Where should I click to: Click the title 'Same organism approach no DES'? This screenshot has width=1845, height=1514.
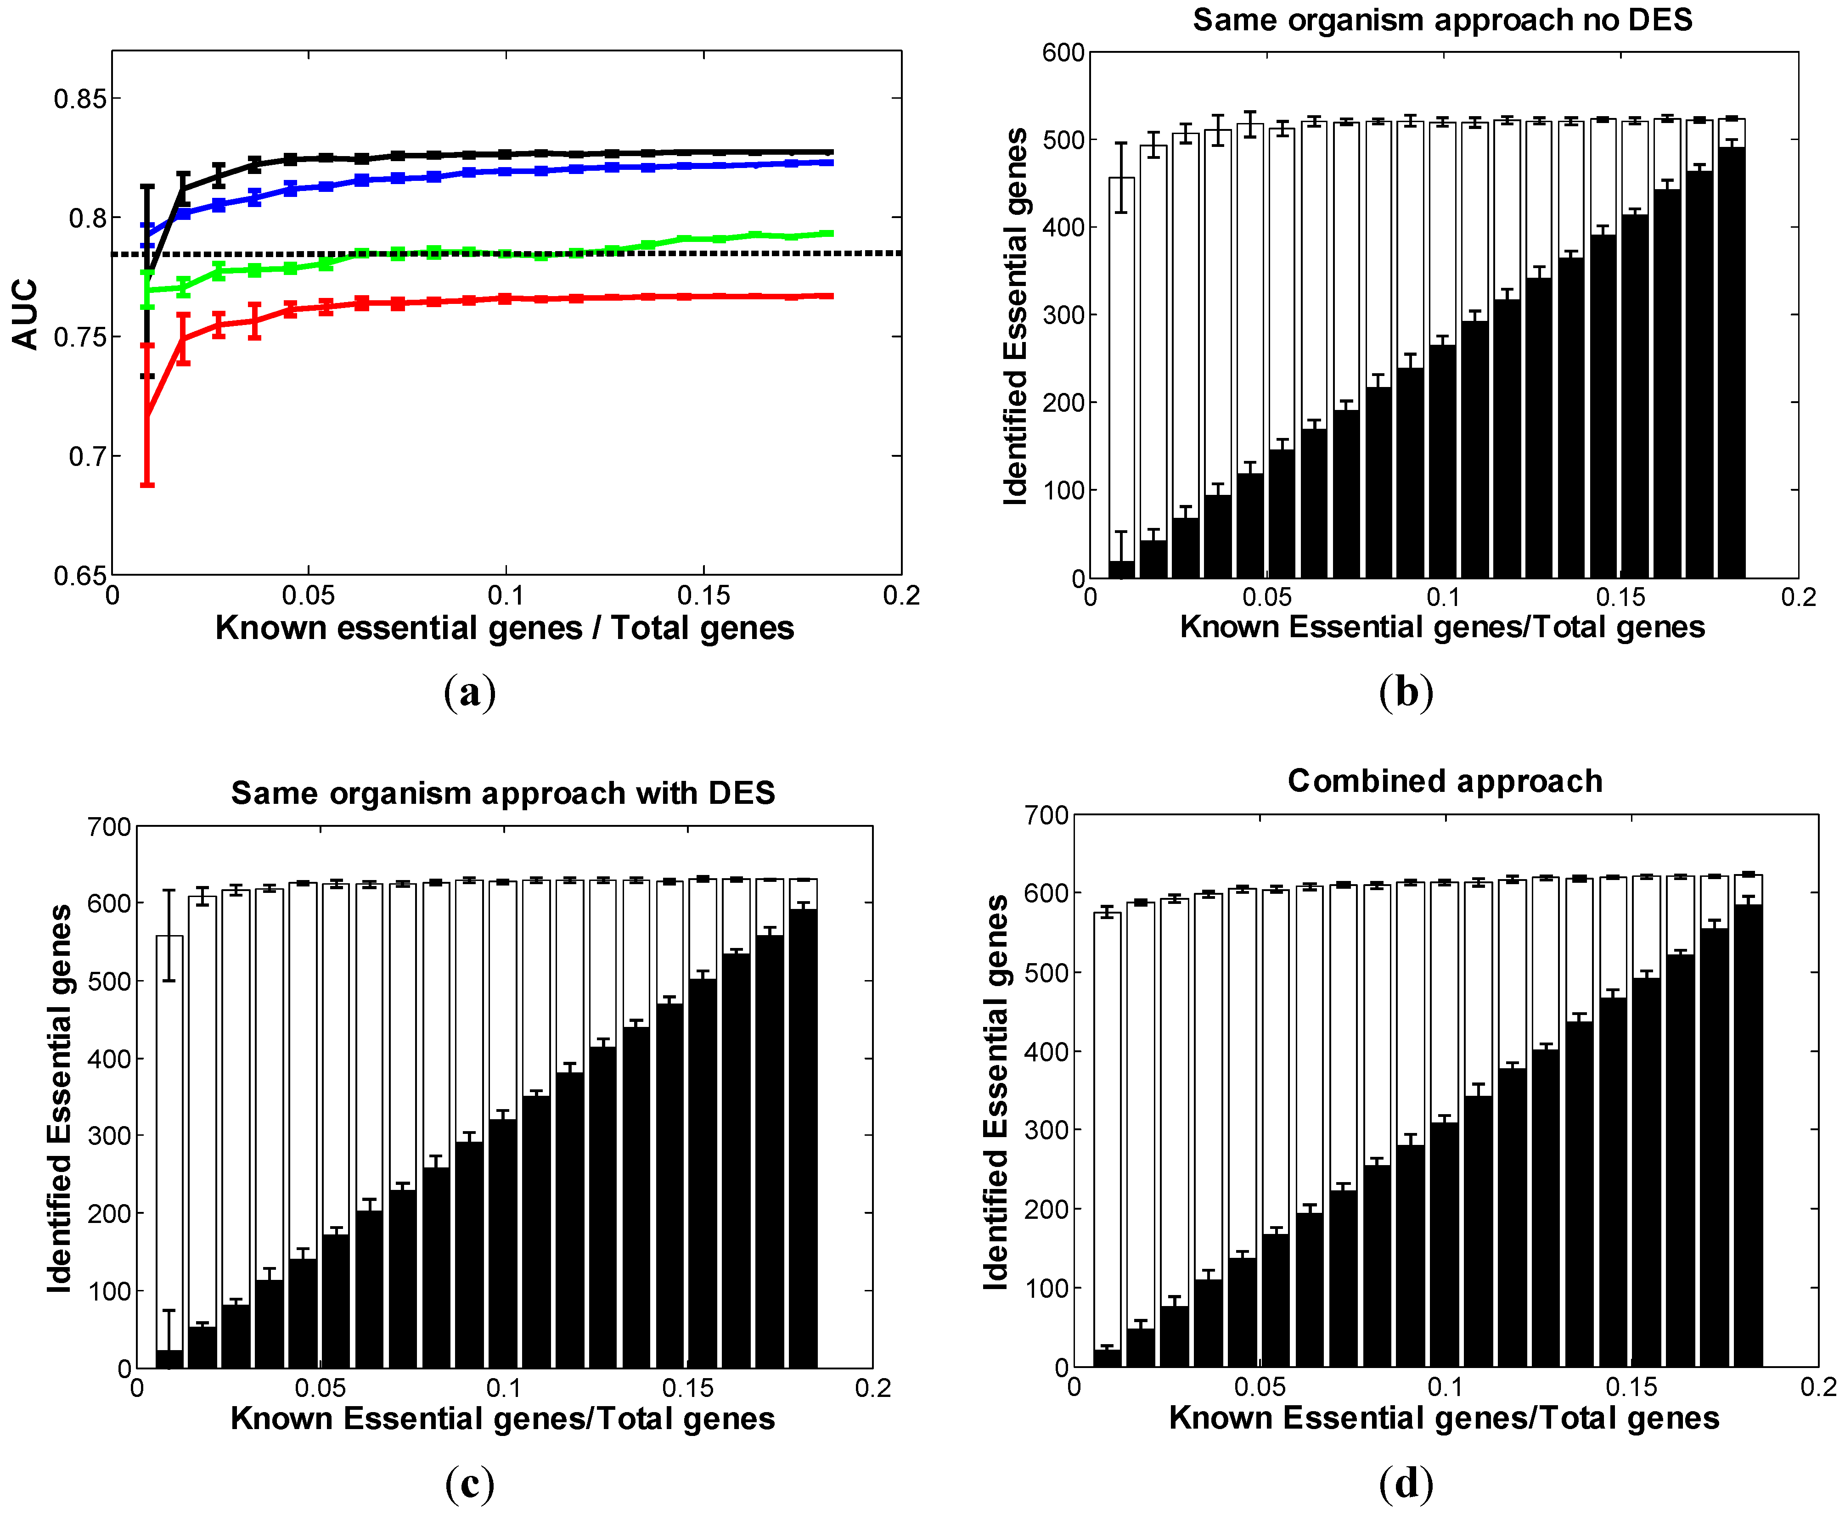(x=1442, y=20)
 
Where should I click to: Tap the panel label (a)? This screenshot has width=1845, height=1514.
(x=469, y=692)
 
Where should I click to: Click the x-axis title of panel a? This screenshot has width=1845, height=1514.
(x=504, y=628)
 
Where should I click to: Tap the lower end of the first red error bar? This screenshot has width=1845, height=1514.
(x=147, y=484)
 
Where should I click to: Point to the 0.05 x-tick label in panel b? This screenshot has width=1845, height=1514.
(x=1266, y=597)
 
